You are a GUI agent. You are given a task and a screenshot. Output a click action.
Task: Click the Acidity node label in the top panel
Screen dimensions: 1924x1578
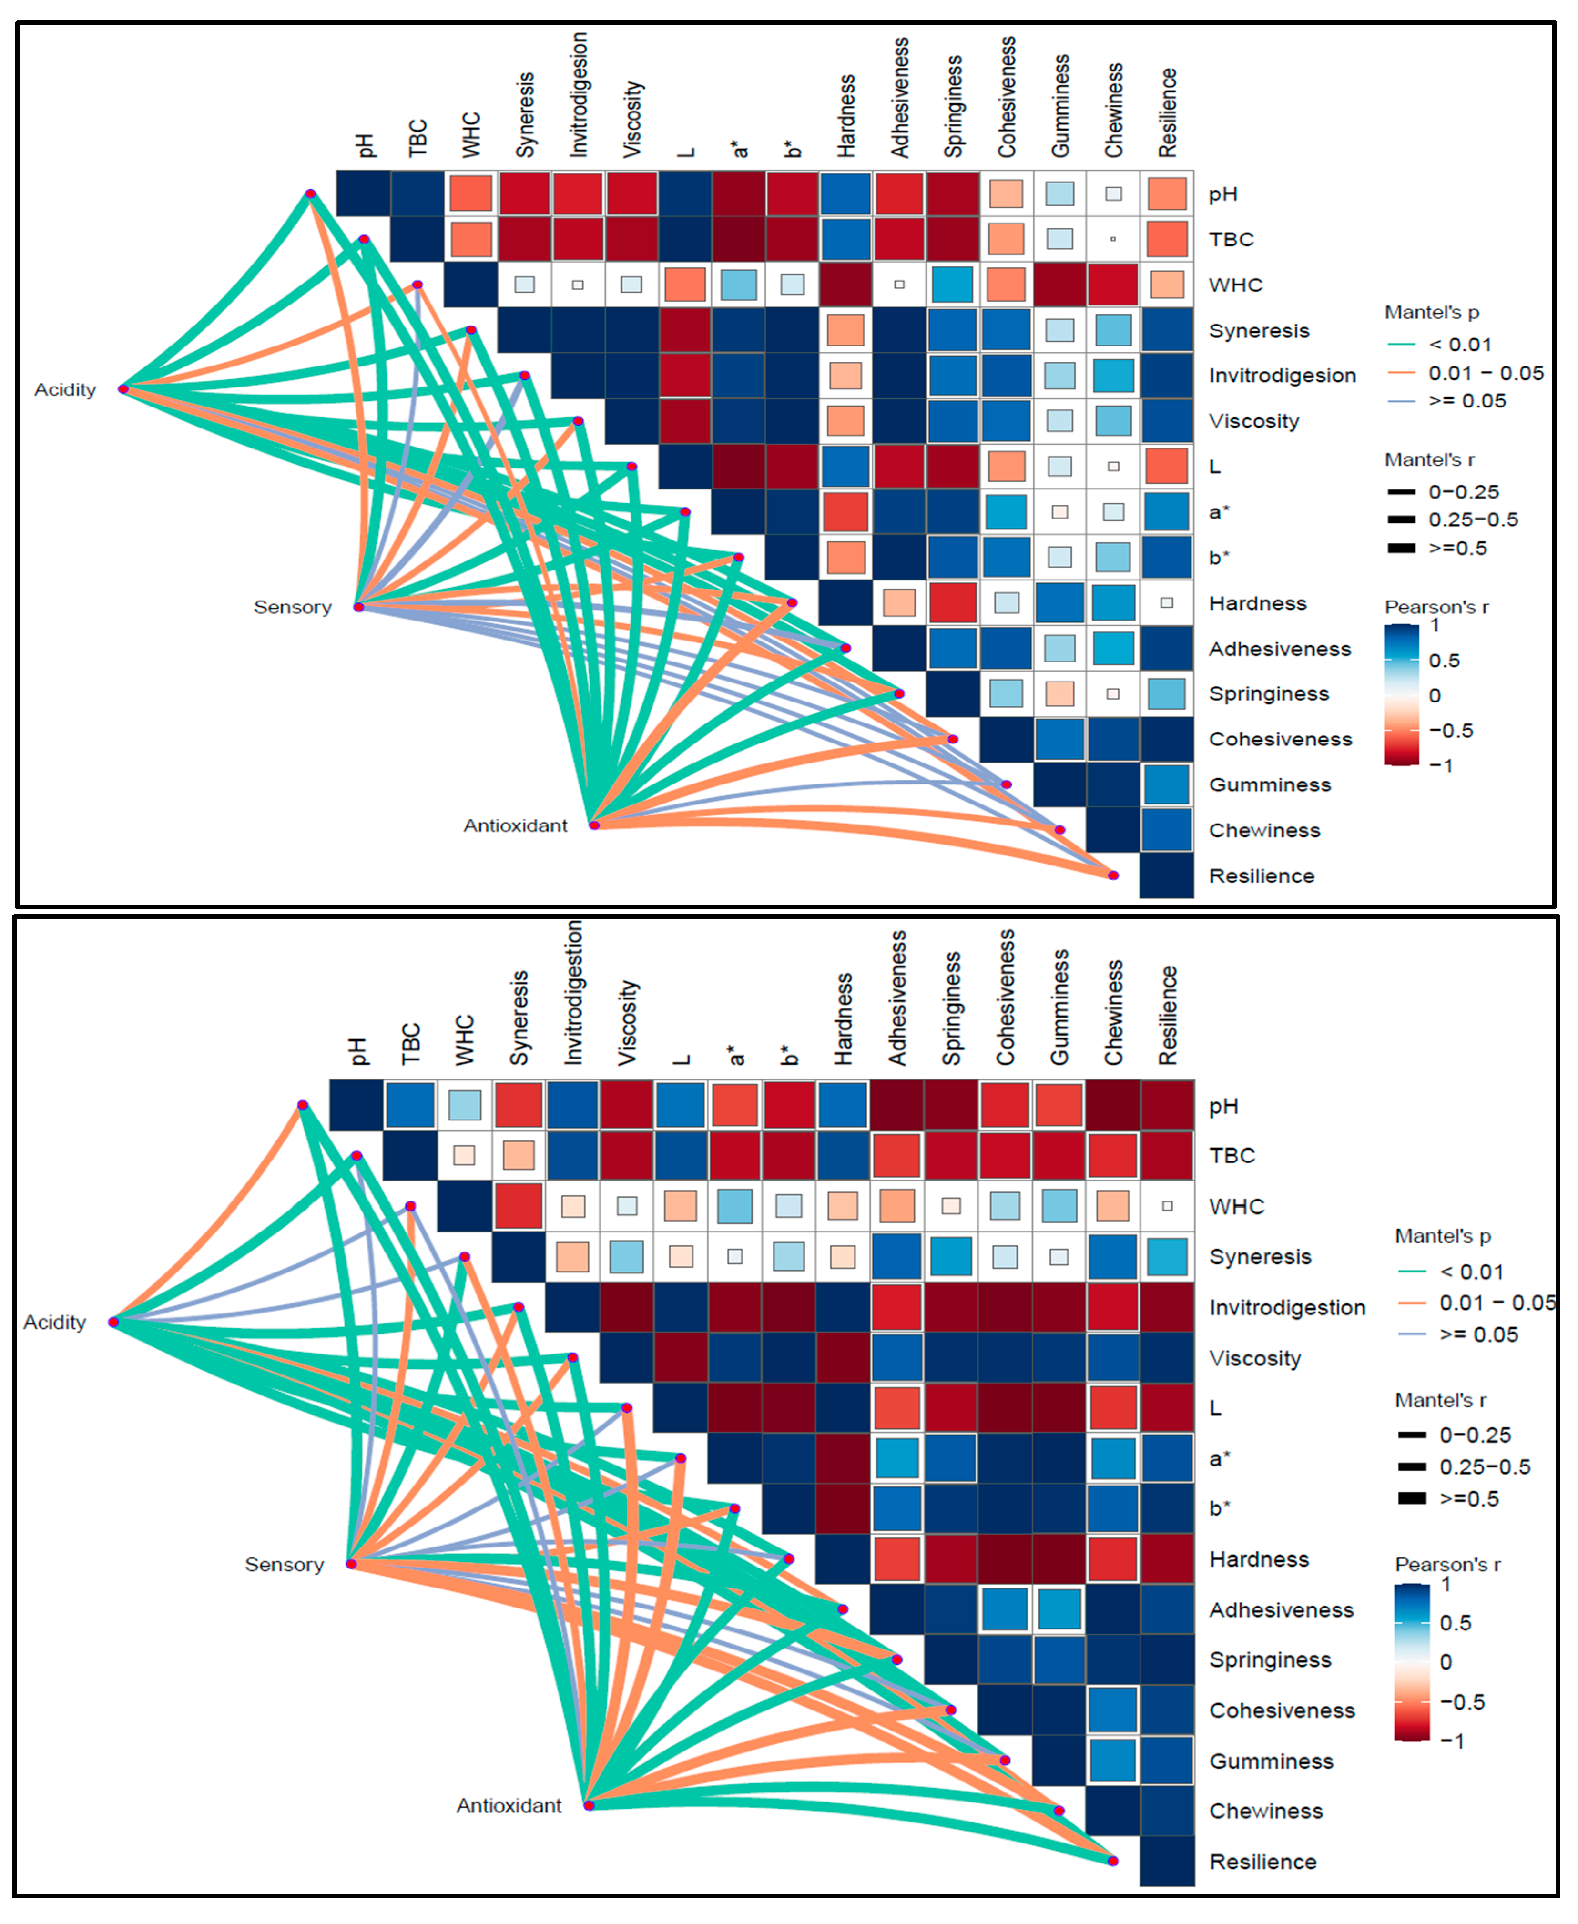[x=64, y=390]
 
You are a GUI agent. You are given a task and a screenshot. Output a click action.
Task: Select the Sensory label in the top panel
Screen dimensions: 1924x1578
[x=292, y=607]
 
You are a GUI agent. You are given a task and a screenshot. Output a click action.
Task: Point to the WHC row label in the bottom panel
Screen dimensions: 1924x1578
[x=1236, y=1207]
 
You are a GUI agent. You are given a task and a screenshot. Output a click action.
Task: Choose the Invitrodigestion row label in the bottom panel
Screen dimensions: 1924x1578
[x=1286, y=1308]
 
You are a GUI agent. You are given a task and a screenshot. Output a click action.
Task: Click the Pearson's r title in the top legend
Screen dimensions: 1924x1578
[x=1435, y=607]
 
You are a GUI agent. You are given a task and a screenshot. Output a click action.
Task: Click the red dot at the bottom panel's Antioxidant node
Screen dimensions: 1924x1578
[x=589, y=1806]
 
